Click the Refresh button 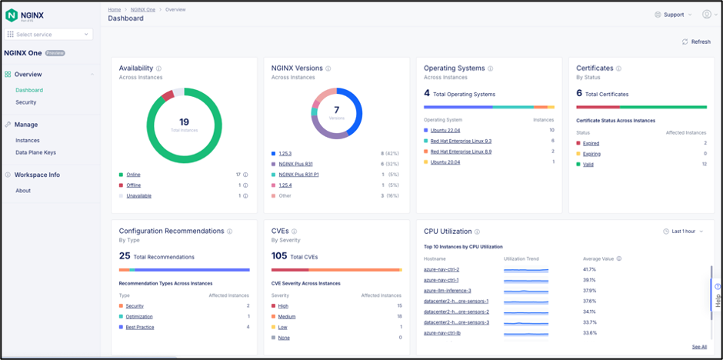pos(696,42)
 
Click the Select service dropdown pos(48,35)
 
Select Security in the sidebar pos(26,102)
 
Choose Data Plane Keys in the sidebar pos(35,152)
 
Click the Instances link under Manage pos(28,141)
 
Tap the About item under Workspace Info pos(23,191)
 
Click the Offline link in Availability pos(133,185)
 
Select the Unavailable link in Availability pos(138,196)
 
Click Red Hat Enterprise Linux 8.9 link pos(461,152)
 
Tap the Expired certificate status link pos(591,143)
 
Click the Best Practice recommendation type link pos(140,327)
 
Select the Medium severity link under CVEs pos(286,316)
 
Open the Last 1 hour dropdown pos(683,232)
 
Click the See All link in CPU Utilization pos(698,347)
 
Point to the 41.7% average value pos(589,269)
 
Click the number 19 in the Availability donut pos(184,122)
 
